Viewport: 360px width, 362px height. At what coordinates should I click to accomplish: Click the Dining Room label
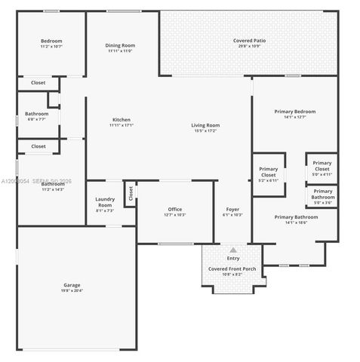click(119, 45)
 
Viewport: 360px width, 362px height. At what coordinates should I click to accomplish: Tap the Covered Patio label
click(248, 41)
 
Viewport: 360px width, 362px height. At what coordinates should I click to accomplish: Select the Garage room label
click(72, 285)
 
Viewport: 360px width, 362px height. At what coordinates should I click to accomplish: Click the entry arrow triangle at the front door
click(232, 250)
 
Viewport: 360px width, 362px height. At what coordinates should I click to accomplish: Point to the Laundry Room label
click(105, 201)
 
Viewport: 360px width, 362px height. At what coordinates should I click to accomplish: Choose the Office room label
click(174, 209)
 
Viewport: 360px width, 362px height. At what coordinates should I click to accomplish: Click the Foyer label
click(232, 209)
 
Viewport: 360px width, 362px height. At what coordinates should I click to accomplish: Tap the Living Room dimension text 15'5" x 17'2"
click(205, 131)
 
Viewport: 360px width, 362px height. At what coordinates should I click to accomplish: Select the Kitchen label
click(121, 120)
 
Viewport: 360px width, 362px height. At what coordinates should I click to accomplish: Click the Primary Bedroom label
click(294, 111)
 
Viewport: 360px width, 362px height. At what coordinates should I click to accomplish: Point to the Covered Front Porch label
click(232, 268)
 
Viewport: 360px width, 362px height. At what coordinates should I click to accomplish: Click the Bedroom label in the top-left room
click(51, 41)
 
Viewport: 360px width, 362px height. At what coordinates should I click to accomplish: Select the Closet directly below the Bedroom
click(38, 81)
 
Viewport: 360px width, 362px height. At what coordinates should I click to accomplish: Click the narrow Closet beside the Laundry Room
click(130, 195)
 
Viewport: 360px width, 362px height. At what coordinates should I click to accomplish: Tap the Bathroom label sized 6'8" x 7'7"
click(36, 113)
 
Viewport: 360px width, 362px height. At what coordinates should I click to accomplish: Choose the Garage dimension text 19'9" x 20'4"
click(72, 290)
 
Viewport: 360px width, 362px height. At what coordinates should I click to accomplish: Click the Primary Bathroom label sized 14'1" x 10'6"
click(294, 217)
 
